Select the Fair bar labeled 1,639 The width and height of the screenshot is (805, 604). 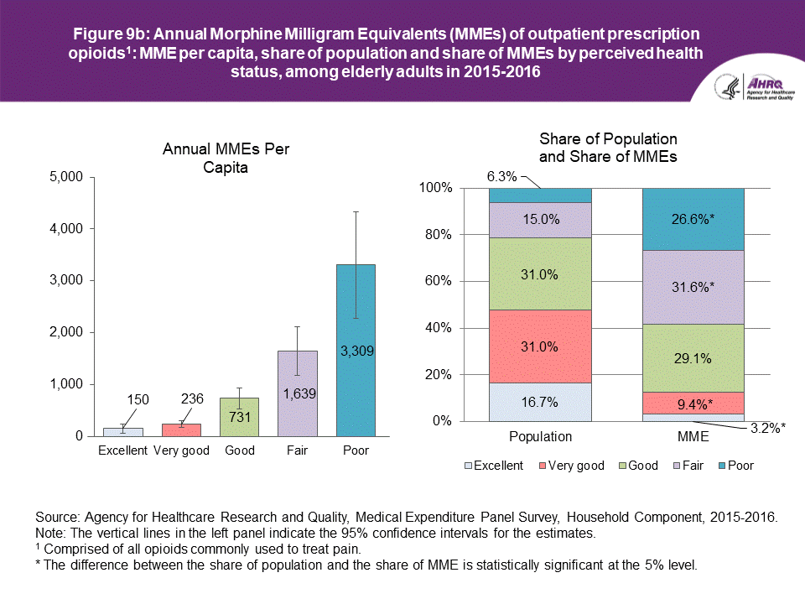tap(298, 393)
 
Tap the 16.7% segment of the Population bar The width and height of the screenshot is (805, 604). tap(540, 402)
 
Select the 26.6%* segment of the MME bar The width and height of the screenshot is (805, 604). tap(693, 219)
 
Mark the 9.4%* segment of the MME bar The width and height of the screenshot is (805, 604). tap(693, 403)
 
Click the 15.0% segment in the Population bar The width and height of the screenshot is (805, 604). tap(540, 220)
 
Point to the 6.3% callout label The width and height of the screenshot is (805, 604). tap(501, 177)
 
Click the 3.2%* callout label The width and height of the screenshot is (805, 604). tap(766, 427)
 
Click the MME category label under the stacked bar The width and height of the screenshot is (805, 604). tap(693, 436)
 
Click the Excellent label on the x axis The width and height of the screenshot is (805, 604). tap(123, 450)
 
